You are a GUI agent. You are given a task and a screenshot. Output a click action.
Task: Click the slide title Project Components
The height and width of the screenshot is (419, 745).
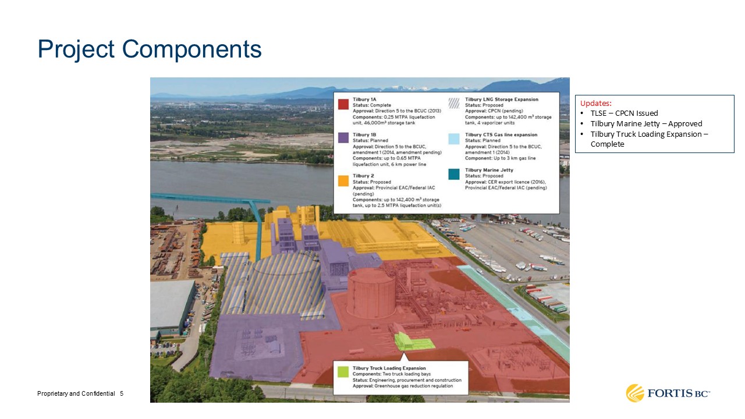pyautogui.click(x=150, y=49)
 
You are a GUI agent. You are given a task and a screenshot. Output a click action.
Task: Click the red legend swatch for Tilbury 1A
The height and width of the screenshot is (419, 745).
pyautogui.click(x=343, y=104)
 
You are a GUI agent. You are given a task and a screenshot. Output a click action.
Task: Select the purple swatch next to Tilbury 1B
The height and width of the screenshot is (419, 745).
pyautogui.click(x=343, y=137)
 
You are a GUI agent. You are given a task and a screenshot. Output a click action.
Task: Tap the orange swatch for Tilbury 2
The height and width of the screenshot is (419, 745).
pyautogui.click(x=343, y=180)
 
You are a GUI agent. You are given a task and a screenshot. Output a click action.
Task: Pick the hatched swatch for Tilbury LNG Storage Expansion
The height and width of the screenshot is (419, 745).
pyautogui.click(x=453, y=103)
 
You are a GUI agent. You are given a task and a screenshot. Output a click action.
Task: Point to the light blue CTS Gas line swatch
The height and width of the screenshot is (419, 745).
pyautogui.click(x=453, y=139)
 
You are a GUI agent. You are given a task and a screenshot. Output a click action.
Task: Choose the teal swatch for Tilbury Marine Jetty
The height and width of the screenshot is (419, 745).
pyautogui.click(x=453, y=174)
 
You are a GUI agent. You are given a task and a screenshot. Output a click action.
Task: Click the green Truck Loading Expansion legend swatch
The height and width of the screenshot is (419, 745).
pyautogui.click(x=343, y=372)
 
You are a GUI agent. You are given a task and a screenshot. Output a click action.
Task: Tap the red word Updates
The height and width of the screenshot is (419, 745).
pyautogui.click(x=595, y=103)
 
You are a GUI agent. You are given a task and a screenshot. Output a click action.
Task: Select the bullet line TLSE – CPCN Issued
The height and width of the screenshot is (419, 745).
pyautogui.click(x=624, y=113)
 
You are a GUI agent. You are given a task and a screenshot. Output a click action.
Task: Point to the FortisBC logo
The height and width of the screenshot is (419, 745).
pyautogui.click(x=668, y=393)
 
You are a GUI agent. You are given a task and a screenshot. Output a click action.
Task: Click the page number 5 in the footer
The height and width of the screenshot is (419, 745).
pyautogui.click(x=122, y=394)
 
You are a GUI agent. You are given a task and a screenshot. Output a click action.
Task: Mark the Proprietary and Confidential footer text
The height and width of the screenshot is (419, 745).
pyautogui.click(x=76, y=394)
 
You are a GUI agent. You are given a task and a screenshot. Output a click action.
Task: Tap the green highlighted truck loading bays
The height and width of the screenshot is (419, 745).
pyautogui.click(x=413, y=341)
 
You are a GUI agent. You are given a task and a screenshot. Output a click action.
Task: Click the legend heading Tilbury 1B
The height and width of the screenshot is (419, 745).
pyautogui.click(x=364, y=134)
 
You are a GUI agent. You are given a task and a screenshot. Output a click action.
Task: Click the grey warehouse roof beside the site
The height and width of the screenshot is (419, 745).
pyautogui.click(x=171, y=303)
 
